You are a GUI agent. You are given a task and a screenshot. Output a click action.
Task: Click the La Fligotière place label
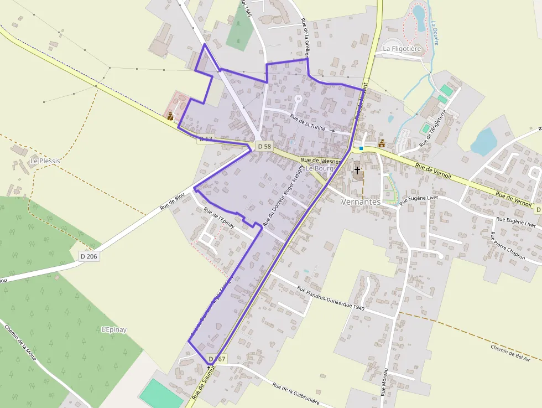coord(402,49)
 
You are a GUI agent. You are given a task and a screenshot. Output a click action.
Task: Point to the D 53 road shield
coord(205,138)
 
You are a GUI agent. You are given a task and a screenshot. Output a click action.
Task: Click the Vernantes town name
coord(361,202)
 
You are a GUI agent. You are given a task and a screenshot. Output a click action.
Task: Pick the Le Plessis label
coord(45,161)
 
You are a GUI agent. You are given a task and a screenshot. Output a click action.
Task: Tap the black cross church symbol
coord(357,170)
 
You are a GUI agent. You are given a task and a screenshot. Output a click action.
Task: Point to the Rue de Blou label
coord(172,202)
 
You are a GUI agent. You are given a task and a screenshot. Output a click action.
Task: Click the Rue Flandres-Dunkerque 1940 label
coord(330,298)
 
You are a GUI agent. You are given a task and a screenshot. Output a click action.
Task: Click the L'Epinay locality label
coord(114,330)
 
